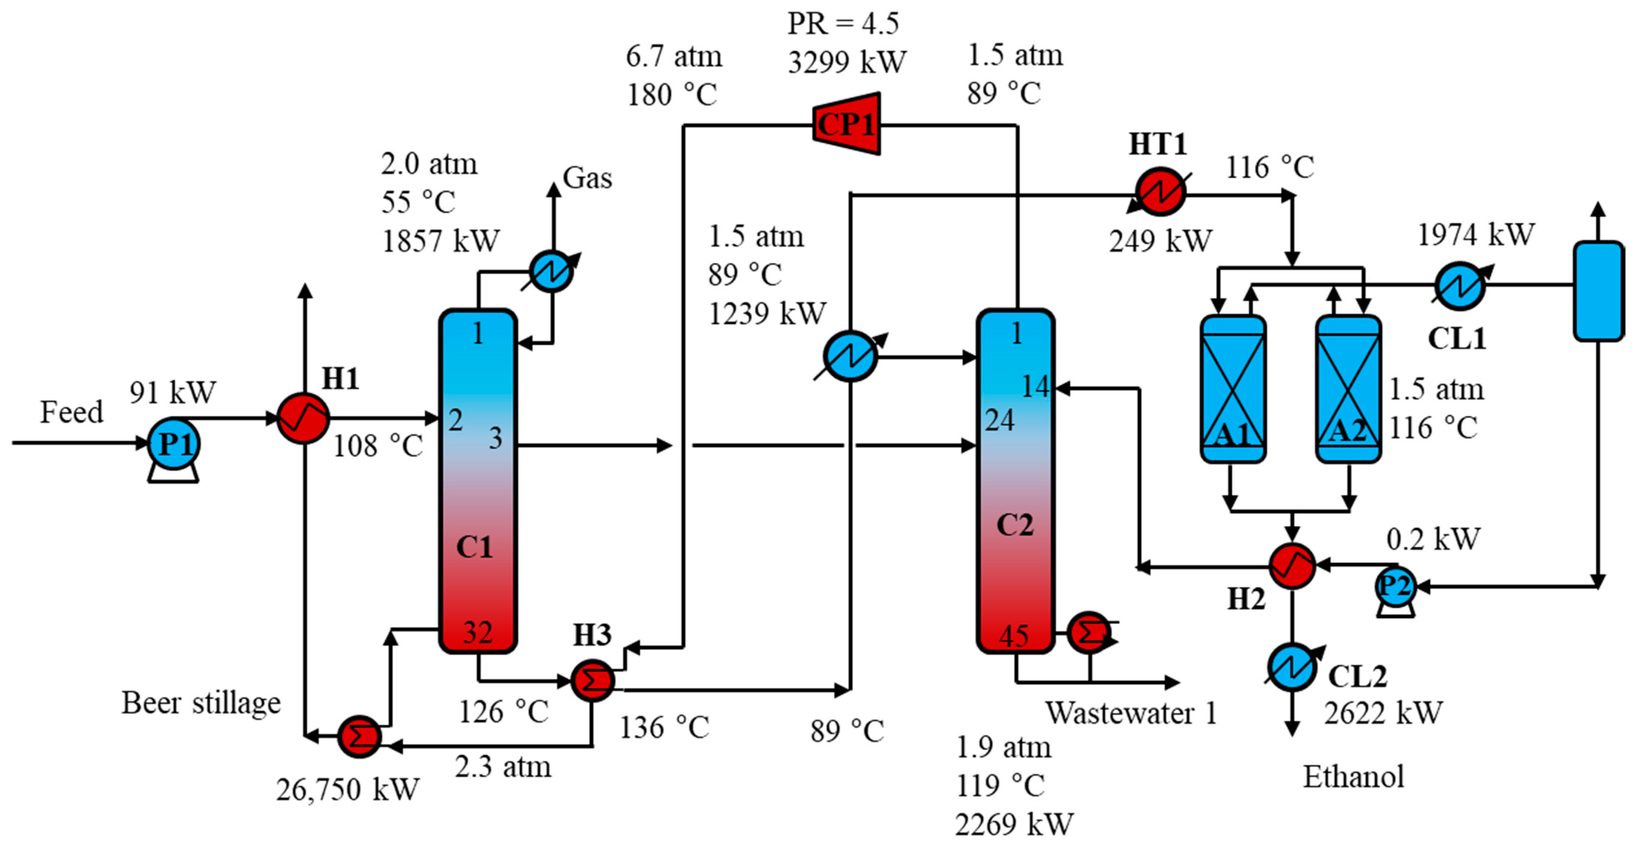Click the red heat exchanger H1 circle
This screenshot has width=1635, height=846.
[x=303, y=418]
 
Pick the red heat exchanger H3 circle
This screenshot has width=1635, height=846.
[x=592, y=680]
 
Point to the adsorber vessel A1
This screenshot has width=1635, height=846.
[x=1233, y=388]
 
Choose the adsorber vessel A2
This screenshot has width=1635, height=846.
[x=1348, y=388]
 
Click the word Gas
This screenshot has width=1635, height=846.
[x=587, y=178]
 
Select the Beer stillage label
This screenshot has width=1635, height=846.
[x=201, y=703]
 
